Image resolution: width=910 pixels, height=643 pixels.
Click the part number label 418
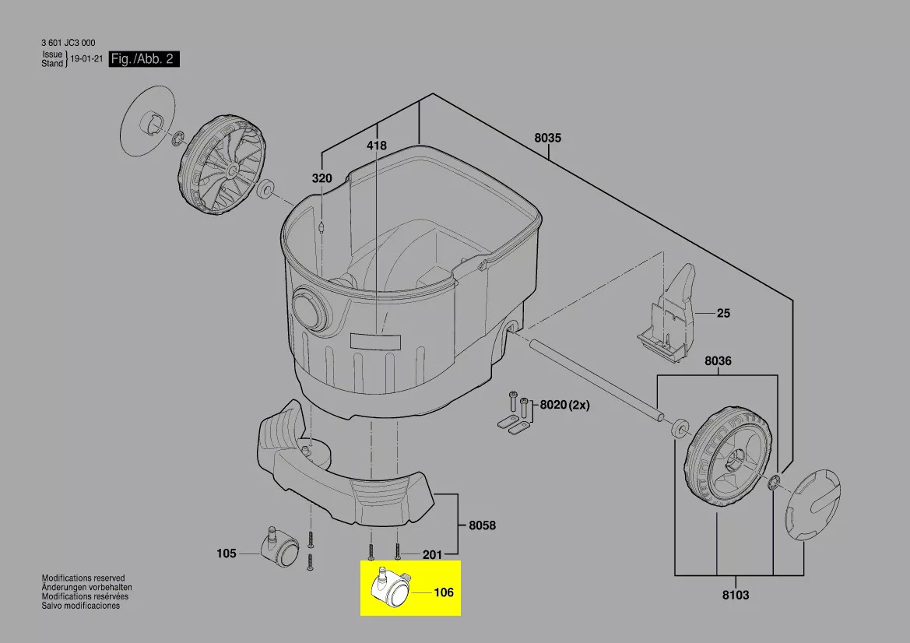coord(376,146)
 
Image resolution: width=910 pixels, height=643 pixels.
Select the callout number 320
coord(322,178)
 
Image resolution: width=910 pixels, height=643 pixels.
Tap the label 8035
coord(548,138)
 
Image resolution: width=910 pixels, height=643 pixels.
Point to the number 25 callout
coord(723,314)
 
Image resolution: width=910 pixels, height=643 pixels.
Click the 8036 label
coord(718,361)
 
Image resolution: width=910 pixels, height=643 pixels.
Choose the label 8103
coord(736,595)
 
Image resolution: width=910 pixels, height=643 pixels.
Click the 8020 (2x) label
coord(564,405)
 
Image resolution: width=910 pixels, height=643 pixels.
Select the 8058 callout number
coord(483,525)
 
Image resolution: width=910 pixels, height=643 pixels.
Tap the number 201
coord(432,555)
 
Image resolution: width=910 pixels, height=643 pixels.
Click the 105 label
coord(227,553)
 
